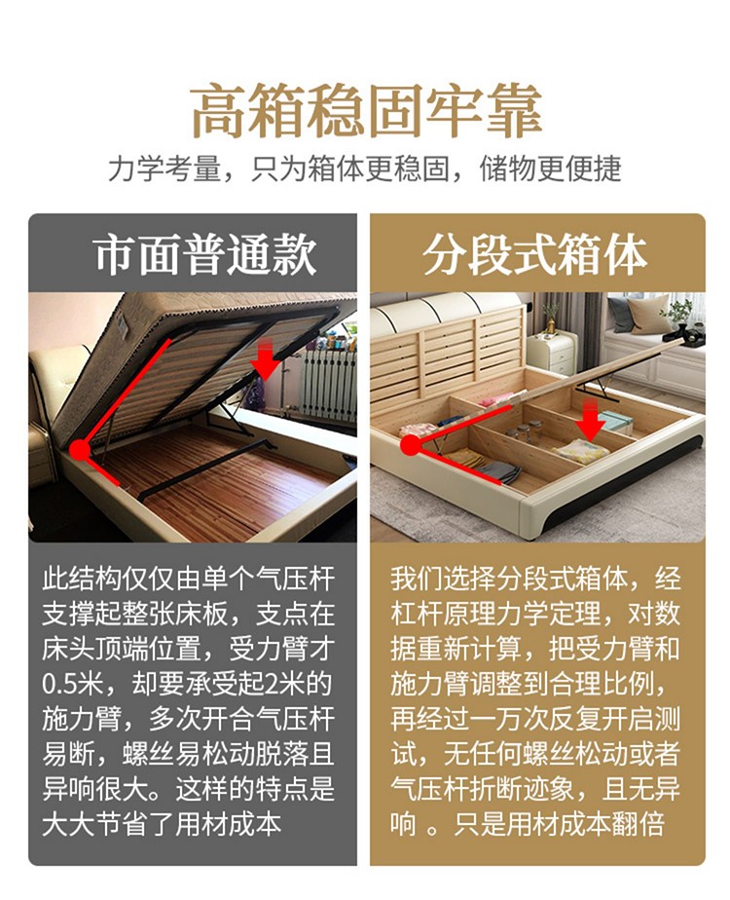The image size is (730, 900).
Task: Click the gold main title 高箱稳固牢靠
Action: [366, 111]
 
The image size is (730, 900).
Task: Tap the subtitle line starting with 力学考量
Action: [365, 169]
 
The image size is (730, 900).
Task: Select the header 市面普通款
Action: [205, 255]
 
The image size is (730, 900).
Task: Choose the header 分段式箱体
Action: [535, 255]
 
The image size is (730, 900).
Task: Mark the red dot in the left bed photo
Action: [80, 450]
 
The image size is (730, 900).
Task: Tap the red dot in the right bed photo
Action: [411, 445]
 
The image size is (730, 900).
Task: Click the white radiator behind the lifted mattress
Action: [327, 383]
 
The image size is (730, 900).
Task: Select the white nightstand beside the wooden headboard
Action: [552, 352]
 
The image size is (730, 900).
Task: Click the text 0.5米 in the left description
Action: [72, 684]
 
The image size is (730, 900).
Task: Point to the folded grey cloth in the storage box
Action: [499, 472]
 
